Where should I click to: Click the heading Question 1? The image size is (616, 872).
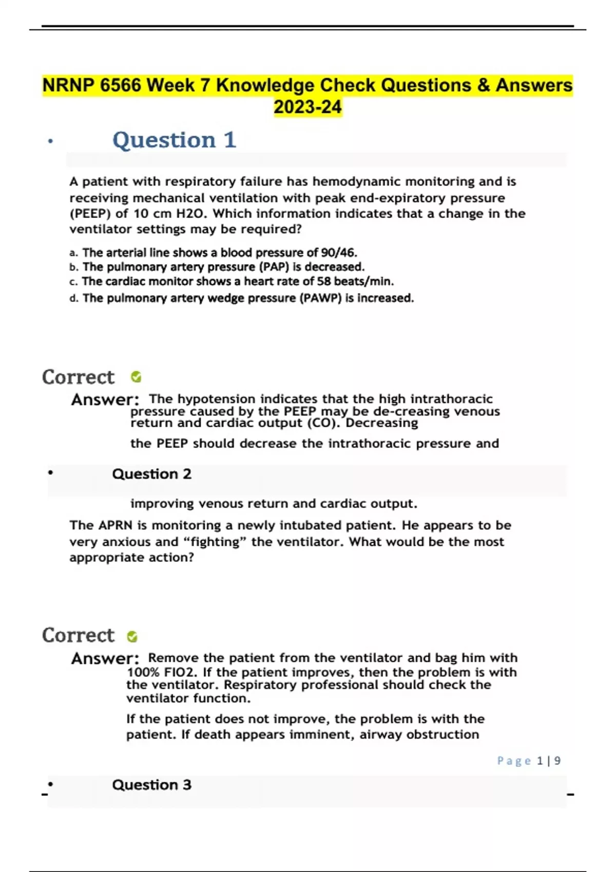pyautogui.click(x=174, y=140)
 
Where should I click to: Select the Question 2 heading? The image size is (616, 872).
pyautogui.click(x=151, y=474)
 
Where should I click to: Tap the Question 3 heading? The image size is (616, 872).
pyautogui.click(x=151, y=785)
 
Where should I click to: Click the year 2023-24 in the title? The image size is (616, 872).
pyautogui.click(x=307, y=107)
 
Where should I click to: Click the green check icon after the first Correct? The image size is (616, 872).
pyautogui.click(x=136, y=377)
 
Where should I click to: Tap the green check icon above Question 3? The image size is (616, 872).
pyautogui.click(x=132, y=637)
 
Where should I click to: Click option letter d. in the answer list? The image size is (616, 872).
pyautogui.click(x=73, y=299)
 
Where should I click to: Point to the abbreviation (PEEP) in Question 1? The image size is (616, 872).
pyautogui.click(x=90, y=213)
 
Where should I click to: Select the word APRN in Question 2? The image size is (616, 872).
pyautogui.click(x=115, y=525)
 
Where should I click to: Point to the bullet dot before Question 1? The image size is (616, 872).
pyautogui.click(x=50, y=141)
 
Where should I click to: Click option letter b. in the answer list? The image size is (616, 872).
pyautogui.click(x=73, y=267)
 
